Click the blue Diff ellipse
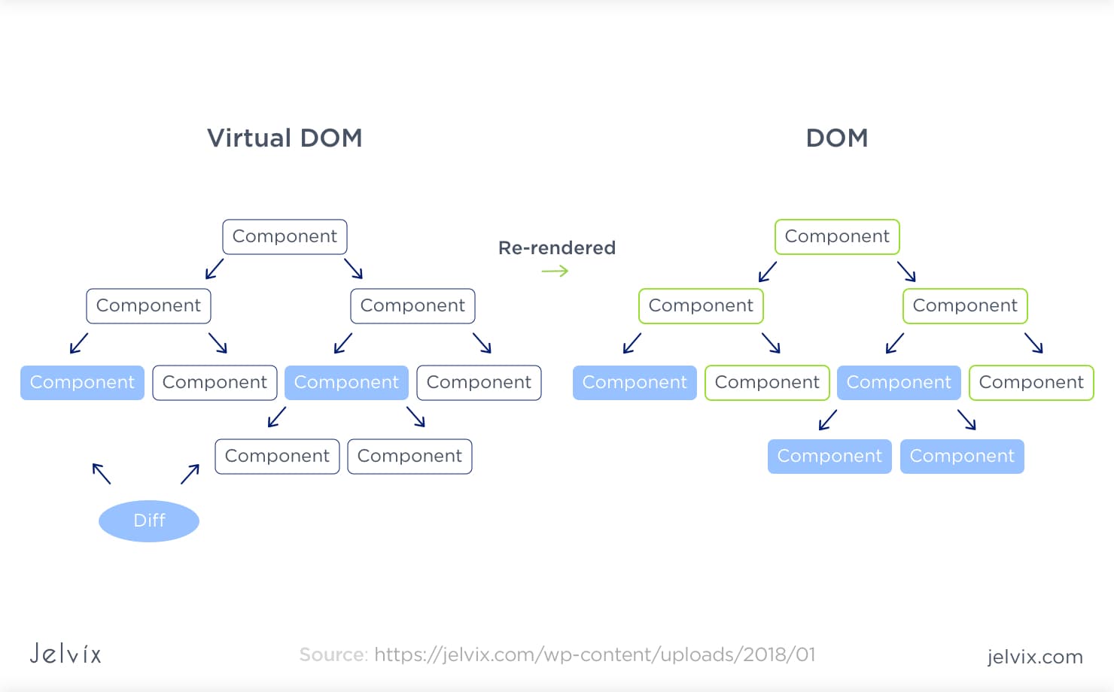click(x=149, y=521)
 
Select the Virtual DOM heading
click(x=285, y=138)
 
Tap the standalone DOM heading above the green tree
click(x=836, y=138)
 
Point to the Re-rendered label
click(x=556, y=247)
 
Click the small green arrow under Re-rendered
click(x=555, y=271)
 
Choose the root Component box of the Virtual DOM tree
click(x=285, y=237)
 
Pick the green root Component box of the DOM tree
click(x=837, y=237)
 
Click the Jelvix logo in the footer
click(x=65, y=653)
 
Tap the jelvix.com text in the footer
click(x=1034, y=657)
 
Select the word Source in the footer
click(x=333, y=654)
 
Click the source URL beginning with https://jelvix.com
click(x=594, y=654)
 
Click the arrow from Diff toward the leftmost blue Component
click(x=102, y=473)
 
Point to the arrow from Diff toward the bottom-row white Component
click(x=190, y=474)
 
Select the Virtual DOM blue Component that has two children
click(x=346, y=383)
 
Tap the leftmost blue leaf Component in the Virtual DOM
click(x=82, y=383)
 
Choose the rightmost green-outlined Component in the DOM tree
click(x=1030, y=383)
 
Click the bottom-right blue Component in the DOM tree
click(x=962, y=457)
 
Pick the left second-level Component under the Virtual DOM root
click(x=148, y=306)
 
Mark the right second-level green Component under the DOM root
click(x=964, y=306)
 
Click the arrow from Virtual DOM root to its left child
click(x=215, y=269)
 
